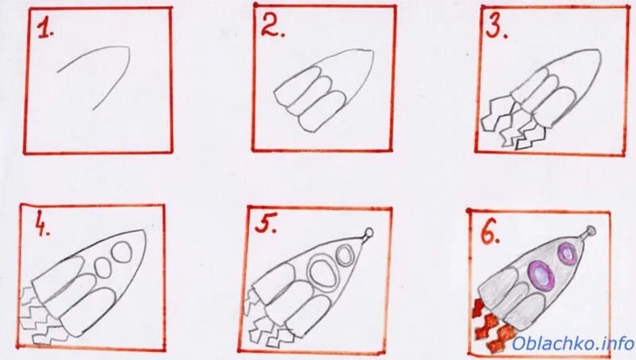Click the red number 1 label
(x=45, y=30)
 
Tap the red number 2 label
(x=272, y=26)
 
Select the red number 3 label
(x=497, y=27)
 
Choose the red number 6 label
(x=490, y=233)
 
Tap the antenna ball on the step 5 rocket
(x=369, y=233)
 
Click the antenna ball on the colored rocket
(x=591, y=231)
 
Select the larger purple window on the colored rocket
(x=541, y=275)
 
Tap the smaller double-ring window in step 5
(x=345, y=256)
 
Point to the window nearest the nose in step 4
(x=121, y=252)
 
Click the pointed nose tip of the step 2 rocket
(x=372, y=51)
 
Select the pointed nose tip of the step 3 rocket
(x=599, y=51)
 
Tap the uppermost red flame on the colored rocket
(x=478, y=307)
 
